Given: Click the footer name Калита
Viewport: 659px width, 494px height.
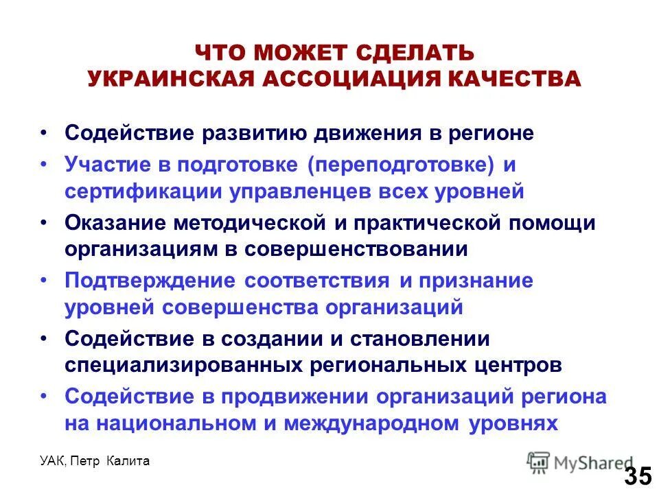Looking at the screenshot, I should coord(128,462).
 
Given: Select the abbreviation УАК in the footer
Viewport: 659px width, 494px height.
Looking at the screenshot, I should coord(53,462).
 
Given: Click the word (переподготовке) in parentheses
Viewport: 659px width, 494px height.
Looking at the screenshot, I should coord(402,165).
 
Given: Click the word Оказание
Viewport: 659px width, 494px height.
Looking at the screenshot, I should coord(114,223).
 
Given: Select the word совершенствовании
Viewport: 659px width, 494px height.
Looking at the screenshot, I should coord(354,249).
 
